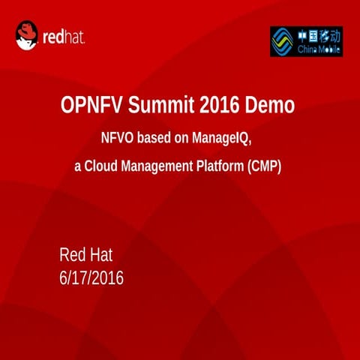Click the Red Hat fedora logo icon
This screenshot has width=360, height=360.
tap(27, 34)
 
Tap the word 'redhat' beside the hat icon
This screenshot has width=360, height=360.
tap(64, 36)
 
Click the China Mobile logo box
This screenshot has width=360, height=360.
tap(306, 41)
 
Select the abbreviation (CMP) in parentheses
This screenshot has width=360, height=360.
tap(264, 166)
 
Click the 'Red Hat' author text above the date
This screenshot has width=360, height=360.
tap(85, 254)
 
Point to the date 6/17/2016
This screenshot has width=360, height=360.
tap(91, 279)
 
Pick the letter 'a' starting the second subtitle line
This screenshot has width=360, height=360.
tap(77, 167)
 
